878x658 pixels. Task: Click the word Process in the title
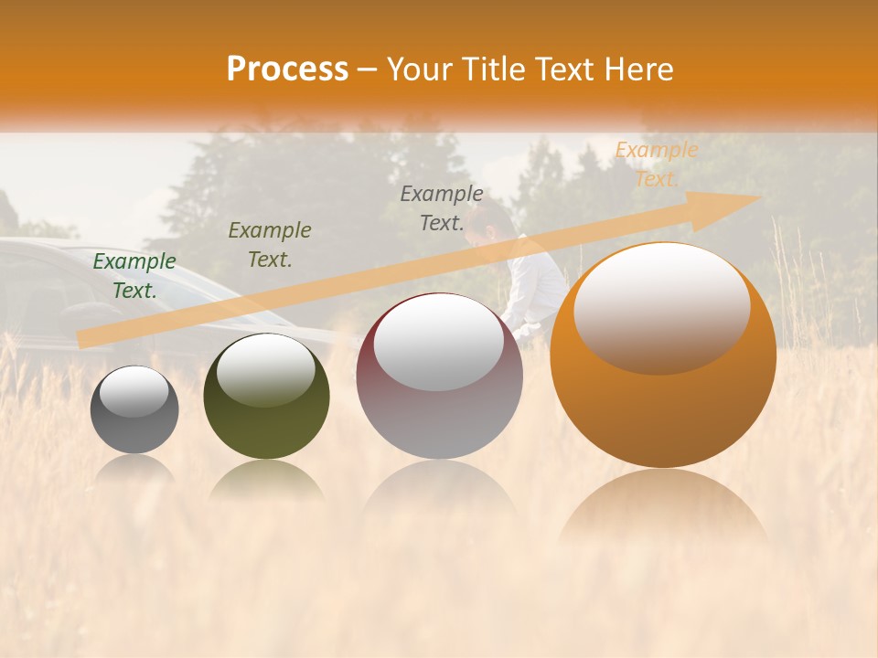[287, 69]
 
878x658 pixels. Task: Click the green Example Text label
[134, 275]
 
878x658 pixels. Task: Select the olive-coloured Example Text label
[269, 244]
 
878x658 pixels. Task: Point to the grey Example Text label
[442, 207]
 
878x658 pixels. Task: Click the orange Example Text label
[656, 164]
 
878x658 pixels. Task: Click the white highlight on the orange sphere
[661, 306]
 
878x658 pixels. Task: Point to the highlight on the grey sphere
[134, 391]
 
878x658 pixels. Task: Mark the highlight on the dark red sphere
[438, 341]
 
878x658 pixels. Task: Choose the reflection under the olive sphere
[266, 480]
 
